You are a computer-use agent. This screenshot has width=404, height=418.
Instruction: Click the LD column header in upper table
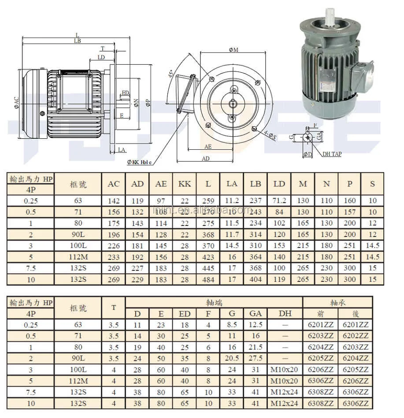(279, 184)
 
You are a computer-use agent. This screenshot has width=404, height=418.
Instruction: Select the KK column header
(185, 184)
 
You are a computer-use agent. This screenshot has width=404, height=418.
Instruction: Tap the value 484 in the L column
(208, 279)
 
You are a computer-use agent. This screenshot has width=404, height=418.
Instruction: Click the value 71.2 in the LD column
(279, 201)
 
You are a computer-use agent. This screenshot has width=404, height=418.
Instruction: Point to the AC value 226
(114, 245)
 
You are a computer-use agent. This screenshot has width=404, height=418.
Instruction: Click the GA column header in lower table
(256, 313)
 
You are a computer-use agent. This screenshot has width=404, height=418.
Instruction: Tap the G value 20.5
(232, 359)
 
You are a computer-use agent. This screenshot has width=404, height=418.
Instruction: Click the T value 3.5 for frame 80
(114, 347)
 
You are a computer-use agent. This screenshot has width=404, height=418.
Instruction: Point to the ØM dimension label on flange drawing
(234, 50)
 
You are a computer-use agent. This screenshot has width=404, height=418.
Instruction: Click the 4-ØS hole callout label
(269, 135)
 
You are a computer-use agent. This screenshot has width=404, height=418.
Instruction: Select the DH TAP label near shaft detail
(331, 154)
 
